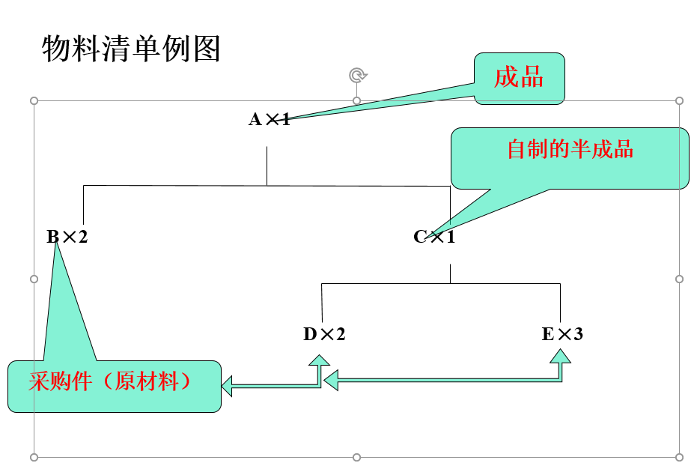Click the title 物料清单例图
tap(131, 49)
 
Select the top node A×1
tap(270, 118)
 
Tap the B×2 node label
tap(67, 237)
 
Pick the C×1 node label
tap(434, 237)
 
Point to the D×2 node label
tap(324, 334)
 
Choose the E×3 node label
tap(562, 334)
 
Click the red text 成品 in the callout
tap(518, 76)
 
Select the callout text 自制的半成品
tap(570, 149)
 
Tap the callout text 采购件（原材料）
tap(110, 381)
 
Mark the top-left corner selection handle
tap(34, 100)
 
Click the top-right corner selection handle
tap(679, 100)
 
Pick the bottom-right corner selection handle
tap(679, 457)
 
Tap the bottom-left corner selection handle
tap(34, 457)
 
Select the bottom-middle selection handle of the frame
tap(356, 457)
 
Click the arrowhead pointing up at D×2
tap(320, 360)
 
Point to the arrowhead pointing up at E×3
tap(560, 360)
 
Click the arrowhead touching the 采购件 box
tap(227, 387)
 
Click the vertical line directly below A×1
tap(267, 166)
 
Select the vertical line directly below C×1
tap(450, 273)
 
